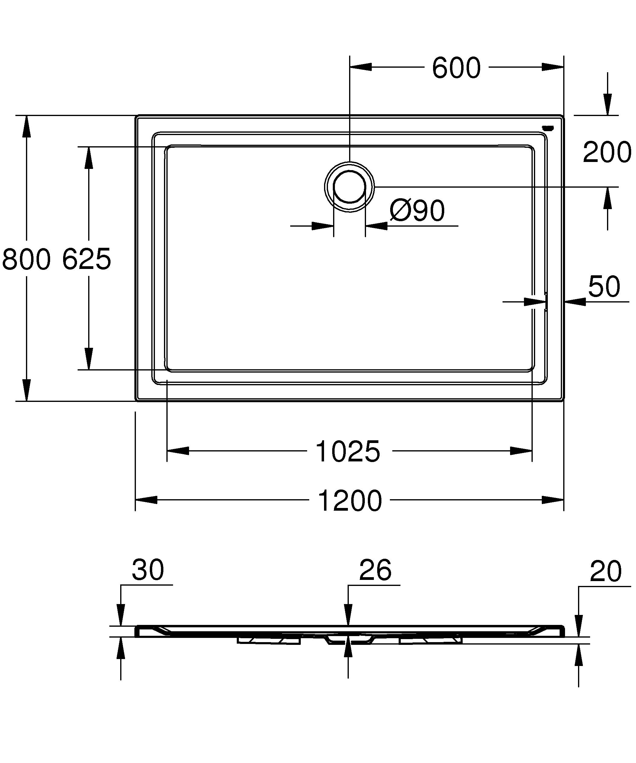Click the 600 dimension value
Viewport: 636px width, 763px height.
456,68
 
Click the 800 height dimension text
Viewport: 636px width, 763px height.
26,259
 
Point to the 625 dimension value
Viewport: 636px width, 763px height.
86,259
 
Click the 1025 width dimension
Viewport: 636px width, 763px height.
348,452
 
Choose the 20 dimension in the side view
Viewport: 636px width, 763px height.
605,571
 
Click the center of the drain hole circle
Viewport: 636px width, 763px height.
349,187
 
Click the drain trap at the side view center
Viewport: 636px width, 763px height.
349,639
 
